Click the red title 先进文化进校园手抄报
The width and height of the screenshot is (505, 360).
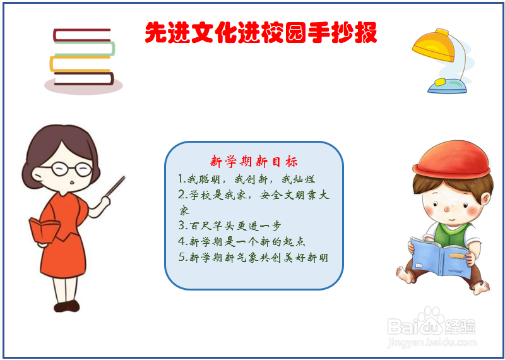tap(261, 32)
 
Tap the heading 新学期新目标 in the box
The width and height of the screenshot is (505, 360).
tap(254, 161)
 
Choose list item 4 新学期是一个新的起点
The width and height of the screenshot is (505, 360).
tap(242, 241)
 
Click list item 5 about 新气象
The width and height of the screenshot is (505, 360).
tap(252, 257)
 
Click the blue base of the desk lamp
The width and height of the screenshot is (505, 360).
tap(447, 85)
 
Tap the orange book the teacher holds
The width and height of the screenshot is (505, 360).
tap(43, 231)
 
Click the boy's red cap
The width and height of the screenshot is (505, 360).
tap(453, 159)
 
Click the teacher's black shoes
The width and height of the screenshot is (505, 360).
tap(66, 306)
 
